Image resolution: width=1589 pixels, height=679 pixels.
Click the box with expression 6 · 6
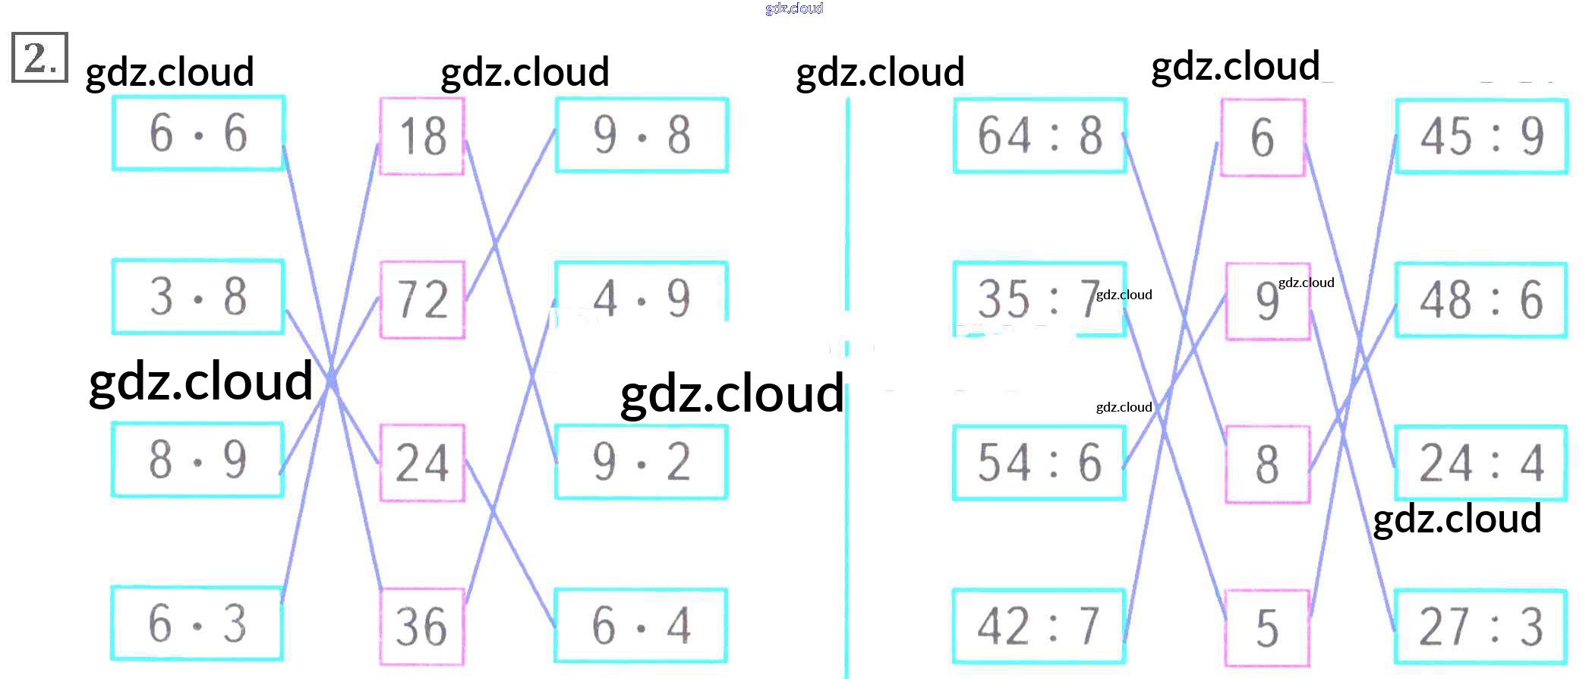(x=198, y=133)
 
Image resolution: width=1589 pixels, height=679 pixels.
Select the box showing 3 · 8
(x=198, y=296)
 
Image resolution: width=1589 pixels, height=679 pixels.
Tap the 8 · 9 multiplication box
(x=197, y=460)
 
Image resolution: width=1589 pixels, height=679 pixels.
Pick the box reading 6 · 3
(x=197, y=624)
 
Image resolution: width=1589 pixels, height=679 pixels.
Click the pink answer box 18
(x=422, y=136)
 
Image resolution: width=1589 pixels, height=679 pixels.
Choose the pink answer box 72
(x=422, y=299)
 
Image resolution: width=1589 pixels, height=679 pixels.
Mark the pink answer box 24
(x=422, y=463)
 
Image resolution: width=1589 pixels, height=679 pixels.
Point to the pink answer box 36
(x=422, y=627)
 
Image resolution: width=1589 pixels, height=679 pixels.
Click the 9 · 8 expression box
(x=642, y=135)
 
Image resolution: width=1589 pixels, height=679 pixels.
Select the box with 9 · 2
(x=642, y=462)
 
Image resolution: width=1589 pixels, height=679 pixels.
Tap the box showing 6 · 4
(x=641, y=625)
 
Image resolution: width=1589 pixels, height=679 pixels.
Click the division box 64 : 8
(x=1039, y=135)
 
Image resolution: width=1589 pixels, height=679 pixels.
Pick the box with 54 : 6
(x=1039, y=463)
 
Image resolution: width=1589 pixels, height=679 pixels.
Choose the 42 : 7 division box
(x=1039, y=626)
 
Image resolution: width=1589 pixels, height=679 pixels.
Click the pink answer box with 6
(x=1263, y=137)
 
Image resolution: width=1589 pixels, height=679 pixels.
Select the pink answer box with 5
(x=1267, y=628)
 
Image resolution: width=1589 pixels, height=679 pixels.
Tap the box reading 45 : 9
(x=1481, y=136)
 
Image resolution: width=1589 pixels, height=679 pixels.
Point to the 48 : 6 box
(x=1481, y=300)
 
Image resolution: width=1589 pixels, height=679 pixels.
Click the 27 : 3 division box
(x=1480, y=627)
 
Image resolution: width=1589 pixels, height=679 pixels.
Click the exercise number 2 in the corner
(x=39, y=57)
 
